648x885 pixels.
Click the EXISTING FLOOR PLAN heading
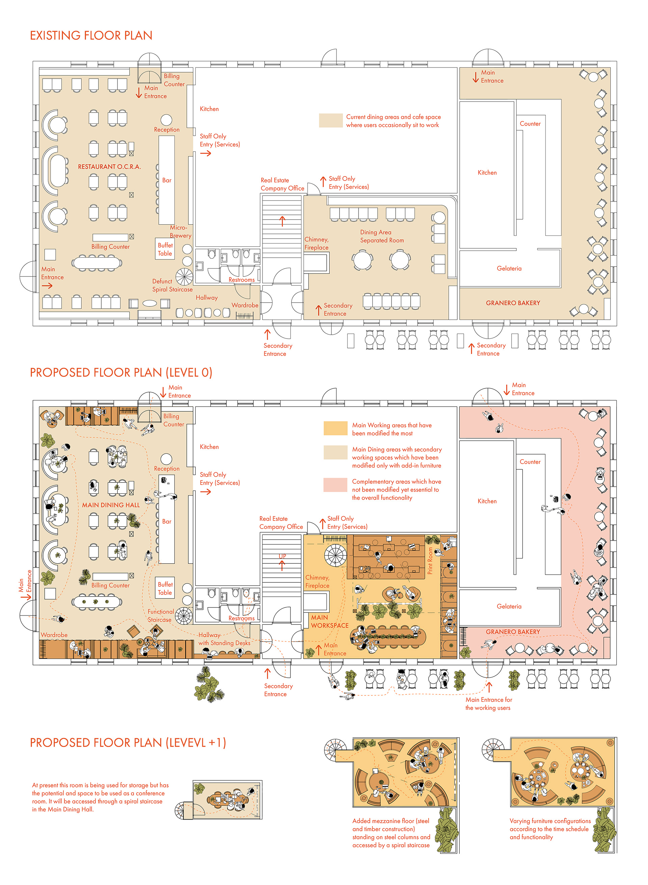pos(91,36)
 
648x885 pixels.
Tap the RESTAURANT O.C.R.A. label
pos(109,167)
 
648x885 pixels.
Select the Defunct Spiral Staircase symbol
pos(184,277)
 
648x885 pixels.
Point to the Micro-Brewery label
pos(180,231)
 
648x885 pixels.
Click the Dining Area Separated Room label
pos(382,237)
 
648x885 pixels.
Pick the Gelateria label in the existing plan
pos(509,269)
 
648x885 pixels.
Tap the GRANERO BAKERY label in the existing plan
pos(513,303)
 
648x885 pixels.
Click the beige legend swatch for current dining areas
pos(331,121)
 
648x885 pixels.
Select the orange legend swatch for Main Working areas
pos(335,428)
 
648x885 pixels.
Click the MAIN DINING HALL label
pos(111,505)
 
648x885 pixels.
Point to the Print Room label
pos(430,561)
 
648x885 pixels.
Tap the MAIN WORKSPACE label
pos(329,621)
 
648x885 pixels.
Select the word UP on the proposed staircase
pos(282,556)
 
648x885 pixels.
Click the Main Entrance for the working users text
pos(488,703)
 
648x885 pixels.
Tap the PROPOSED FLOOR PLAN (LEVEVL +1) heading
pos(128,743)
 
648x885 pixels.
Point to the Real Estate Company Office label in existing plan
pos(282,184)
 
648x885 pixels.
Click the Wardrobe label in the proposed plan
pos(54,635)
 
